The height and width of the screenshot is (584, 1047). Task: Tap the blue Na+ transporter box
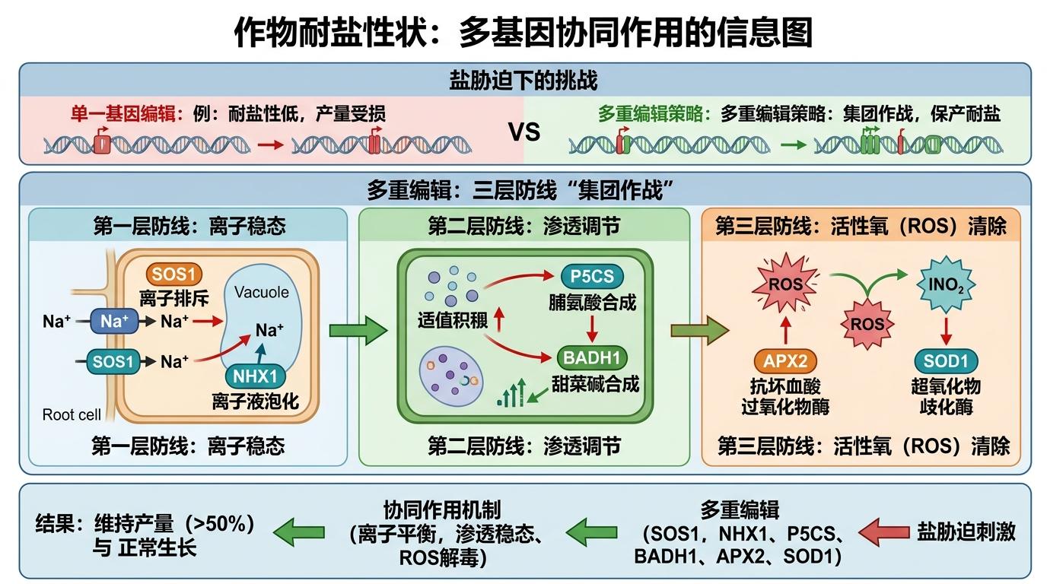(x=114, y=321)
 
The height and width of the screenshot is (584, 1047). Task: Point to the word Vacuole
(x=262, y=292)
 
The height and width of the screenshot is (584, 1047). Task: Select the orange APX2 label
(x=784, y=362)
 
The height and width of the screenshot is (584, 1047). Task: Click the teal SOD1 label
(x=946, y=362)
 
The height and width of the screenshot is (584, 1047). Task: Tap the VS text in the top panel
(x=523, y=132)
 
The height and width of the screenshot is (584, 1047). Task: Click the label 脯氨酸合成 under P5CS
(x=592, y=303)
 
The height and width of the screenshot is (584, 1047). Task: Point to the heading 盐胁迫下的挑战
(x=523, y=81)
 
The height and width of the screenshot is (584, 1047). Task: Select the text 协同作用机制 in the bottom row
(x=441, y=510)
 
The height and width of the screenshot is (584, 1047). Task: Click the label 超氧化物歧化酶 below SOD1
(x=946, y=395)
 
